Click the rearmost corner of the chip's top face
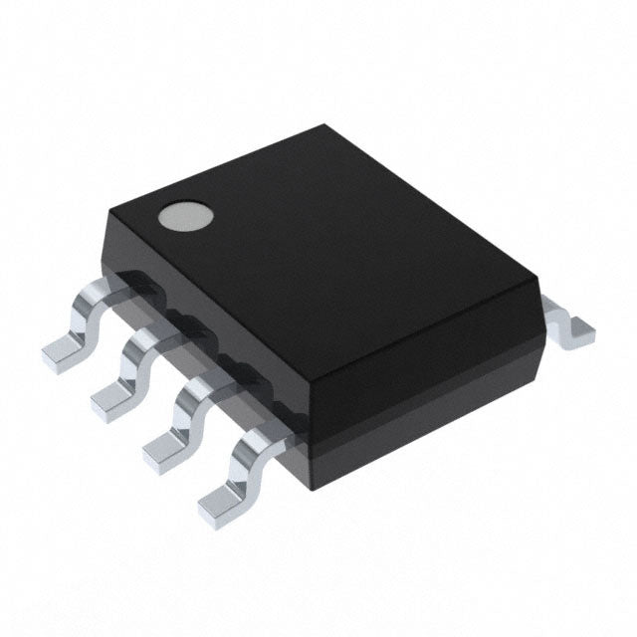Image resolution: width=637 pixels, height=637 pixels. point(326,126)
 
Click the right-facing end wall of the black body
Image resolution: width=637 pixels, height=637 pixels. point(428,378)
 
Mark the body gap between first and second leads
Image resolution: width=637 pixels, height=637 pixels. point(157,304)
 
